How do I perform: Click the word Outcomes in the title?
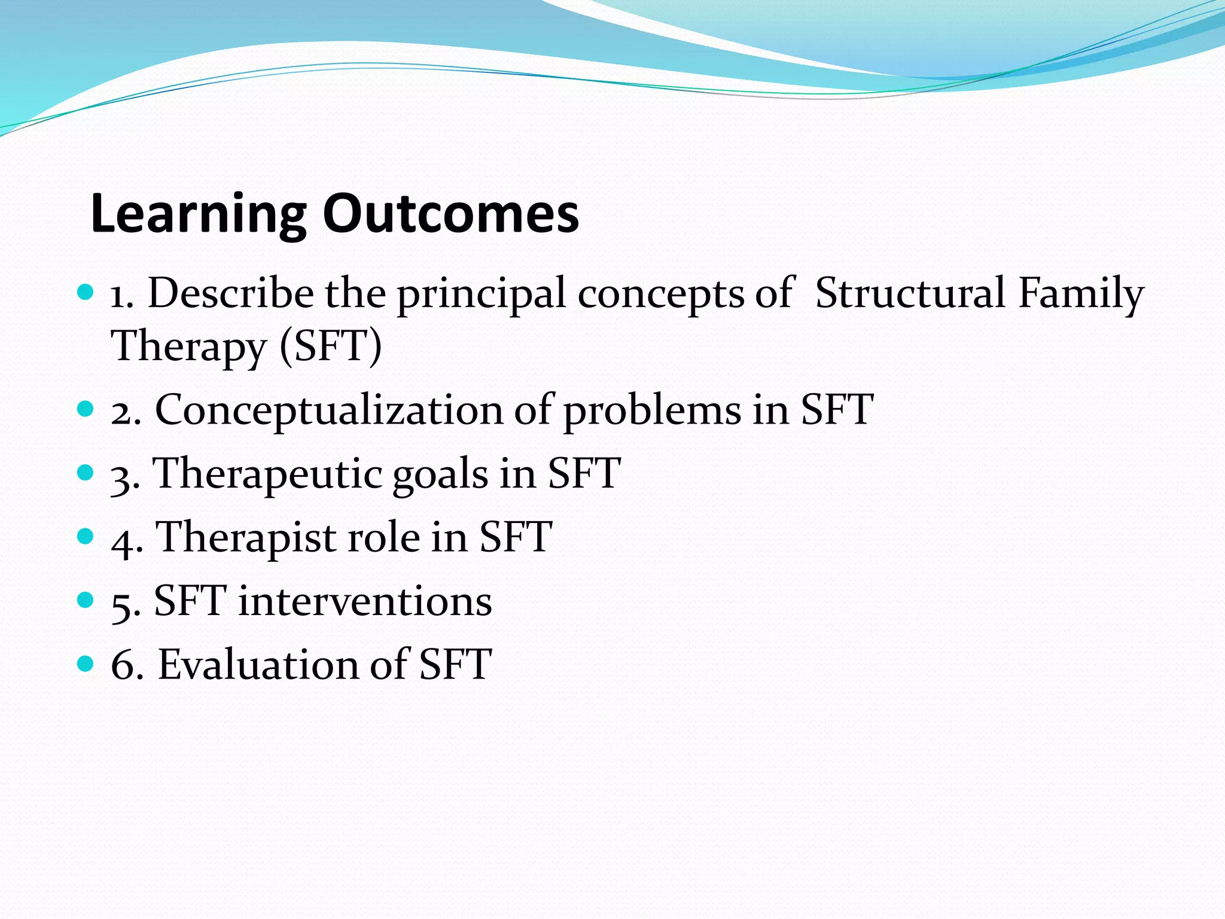(x=450, y=214)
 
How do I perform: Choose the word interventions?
(x=365, y=601)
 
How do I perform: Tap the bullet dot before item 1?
(x=86, y=293)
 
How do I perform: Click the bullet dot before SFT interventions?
(x=86, y=600)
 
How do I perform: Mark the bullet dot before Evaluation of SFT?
(x=86, y=663)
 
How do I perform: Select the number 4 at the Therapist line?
(x=123, y=541)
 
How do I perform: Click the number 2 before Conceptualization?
(x=122, y=413)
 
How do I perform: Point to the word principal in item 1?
(x=482, y=294)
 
